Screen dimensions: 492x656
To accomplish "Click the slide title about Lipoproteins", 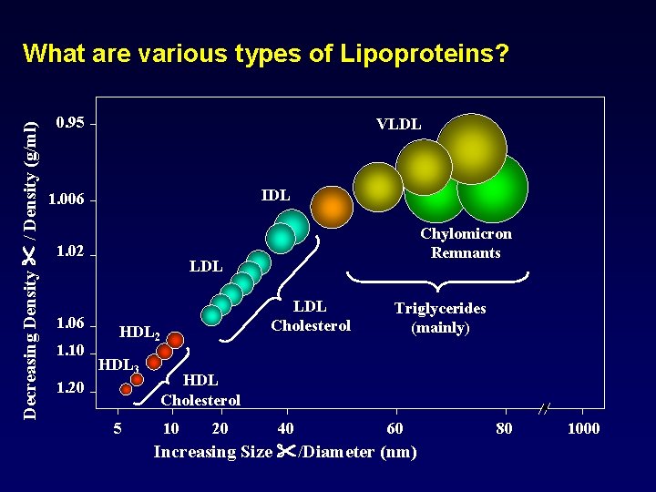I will [266, 54].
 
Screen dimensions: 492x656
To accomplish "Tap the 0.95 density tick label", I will [70, 123].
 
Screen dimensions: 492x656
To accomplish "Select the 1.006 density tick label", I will [67, 200].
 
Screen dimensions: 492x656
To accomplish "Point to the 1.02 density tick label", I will [70, 251].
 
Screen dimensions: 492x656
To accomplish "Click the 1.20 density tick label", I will [70, 389].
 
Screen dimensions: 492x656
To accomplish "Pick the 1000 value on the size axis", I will [583, 428].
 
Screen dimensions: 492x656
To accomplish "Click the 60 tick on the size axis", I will [394, 428].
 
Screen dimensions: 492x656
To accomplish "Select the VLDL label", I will [398, 124].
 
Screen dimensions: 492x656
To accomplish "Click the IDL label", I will [275, 195].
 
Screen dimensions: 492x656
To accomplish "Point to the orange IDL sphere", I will [333, 207].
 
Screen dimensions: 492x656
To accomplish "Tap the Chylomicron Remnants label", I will [466, 243].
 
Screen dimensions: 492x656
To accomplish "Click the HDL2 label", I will [140, 333].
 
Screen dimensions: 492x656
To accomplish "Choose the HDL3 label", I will [118, 365].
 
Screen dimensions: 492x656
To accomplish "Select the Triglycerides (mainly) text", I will [440, 318].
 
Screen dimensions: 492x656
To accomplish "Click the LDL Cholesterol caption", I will [311, 316].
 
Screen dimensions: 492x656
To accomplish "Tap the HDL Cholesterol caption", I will [200, 390].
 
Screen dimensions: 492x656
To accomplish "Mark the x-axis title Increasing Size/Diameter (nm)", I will [285, 452].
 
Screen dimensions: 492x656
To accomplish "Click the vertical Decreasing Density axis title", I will [30, 258].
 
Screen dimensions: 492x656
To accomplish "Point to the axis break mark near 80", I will [544, 409].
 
